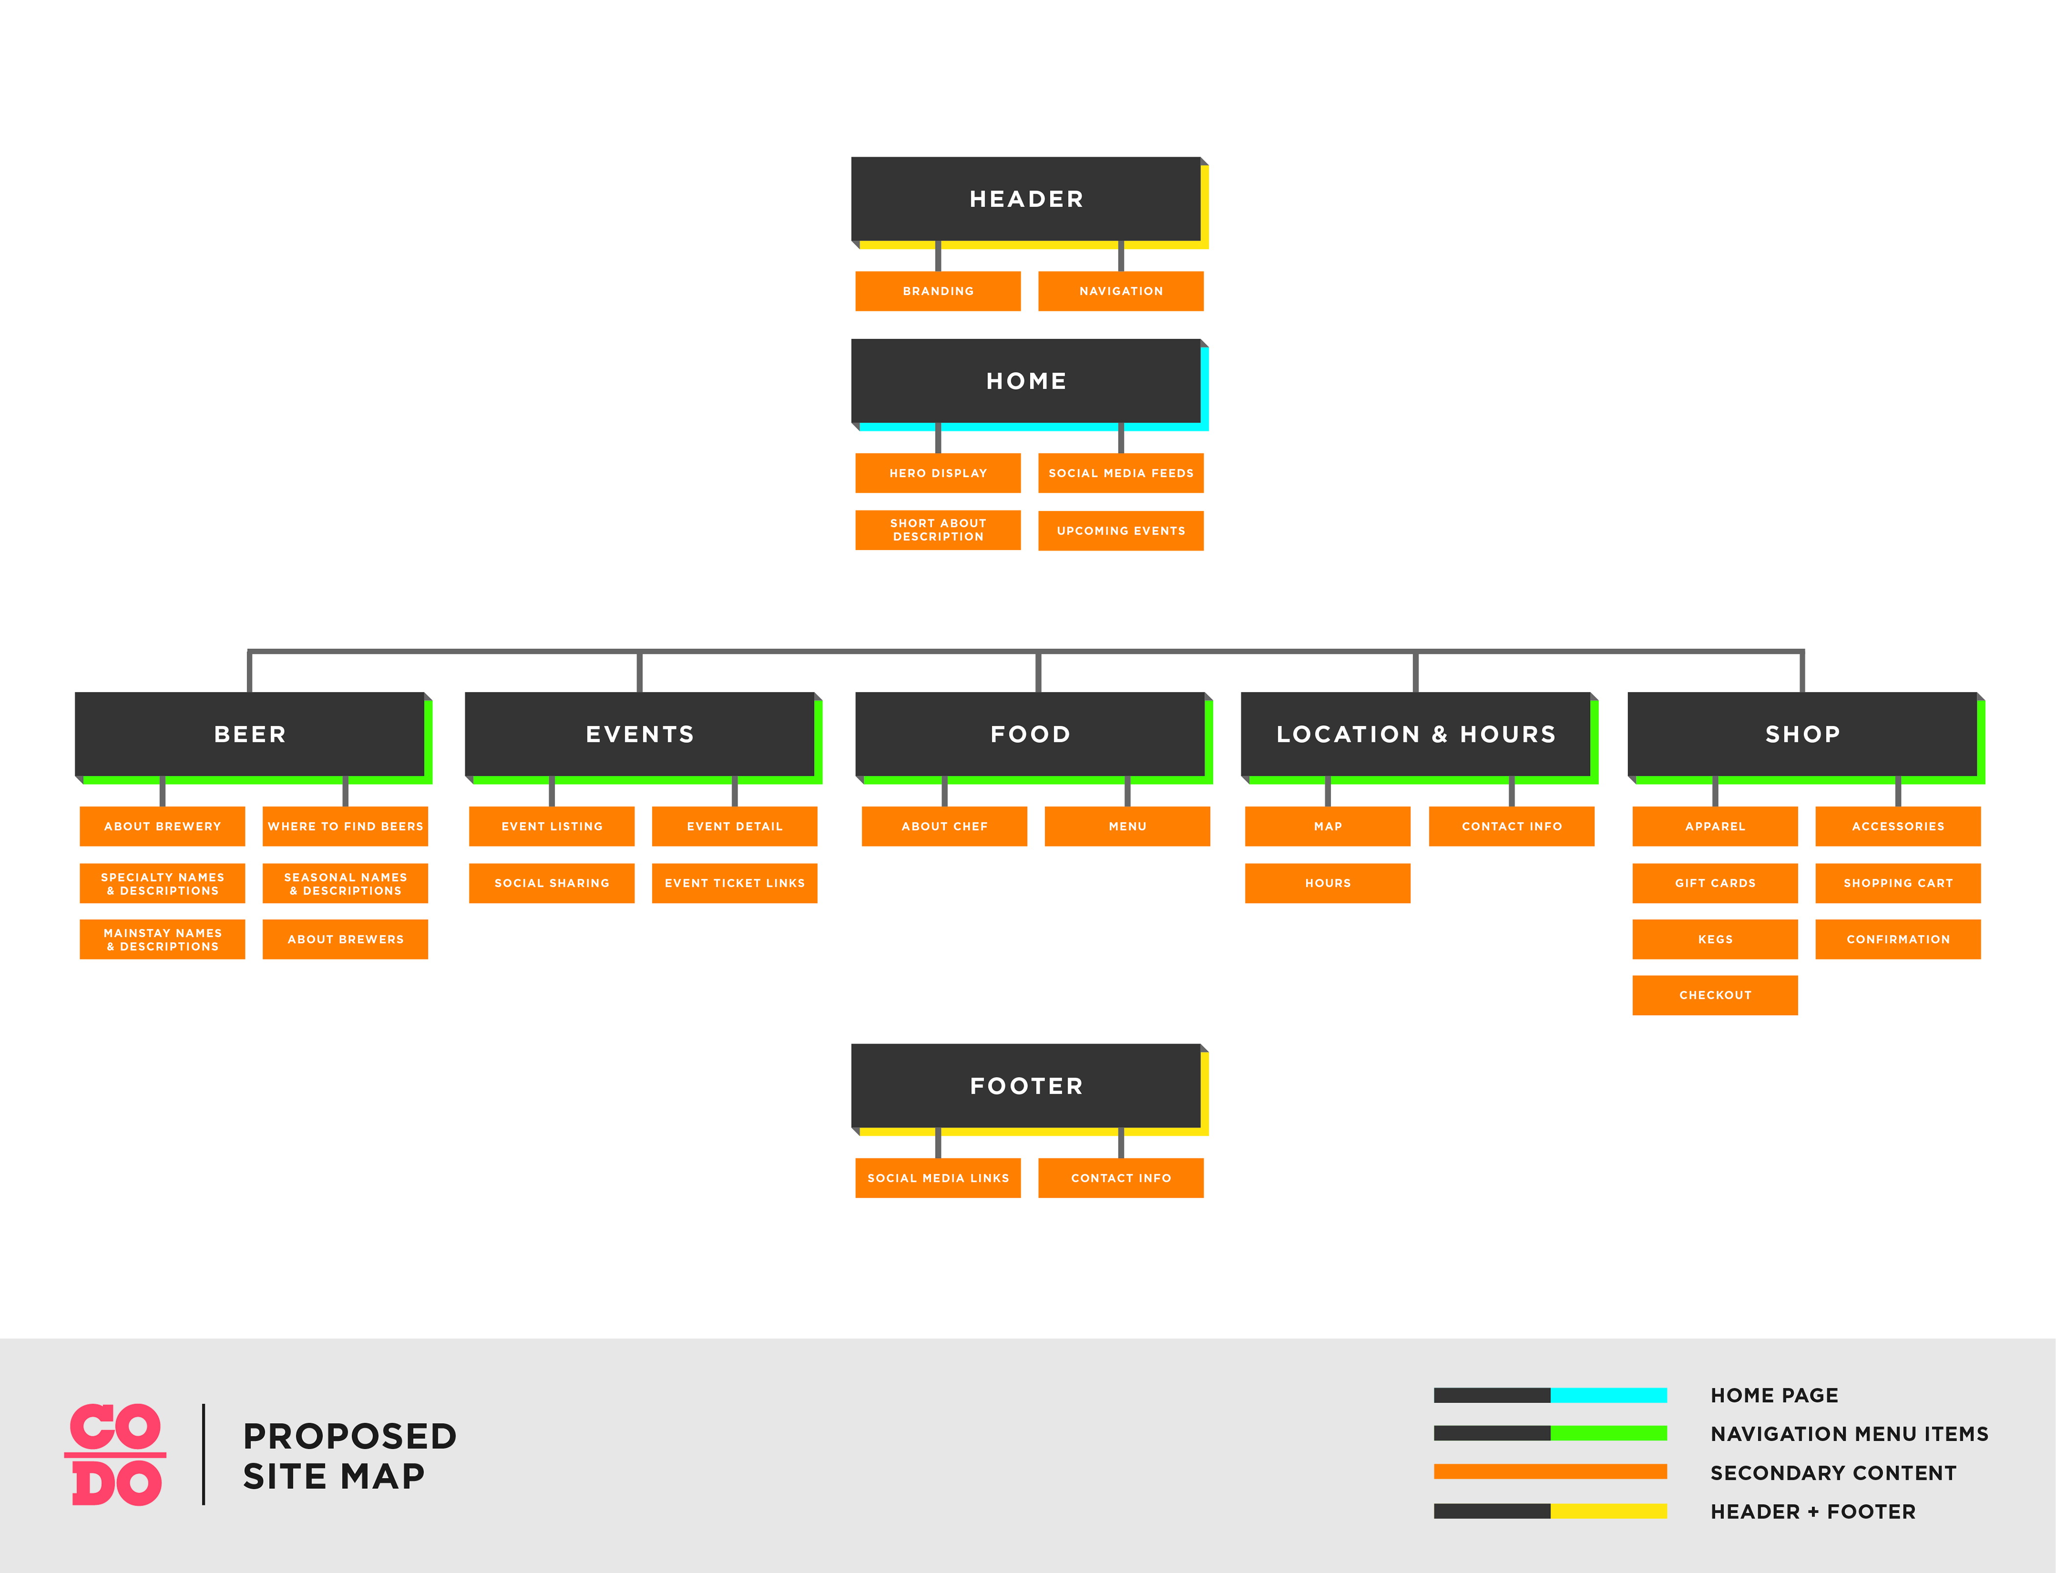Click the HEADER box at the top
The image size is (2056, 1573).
1026,199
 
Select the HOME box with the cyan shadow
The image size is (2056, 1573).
1026,381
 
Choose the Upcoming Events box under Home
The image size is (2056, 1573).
1121,531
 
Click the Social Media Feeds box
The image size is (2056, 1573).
1121,473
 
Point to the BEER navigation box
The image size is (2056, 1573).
250,734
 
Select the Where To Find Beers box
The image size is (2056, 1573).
346,826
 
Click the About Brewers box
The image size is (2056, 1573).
346,939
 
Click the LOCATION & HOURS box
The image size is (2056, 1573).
1416,734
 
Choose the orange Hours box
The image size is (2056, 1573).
1328,883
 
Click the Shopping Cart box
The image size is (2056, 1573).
1898,883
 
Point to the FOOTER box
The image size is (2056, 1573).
1026,1086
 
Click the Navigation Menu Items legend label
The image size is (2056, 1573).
1849,1434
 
